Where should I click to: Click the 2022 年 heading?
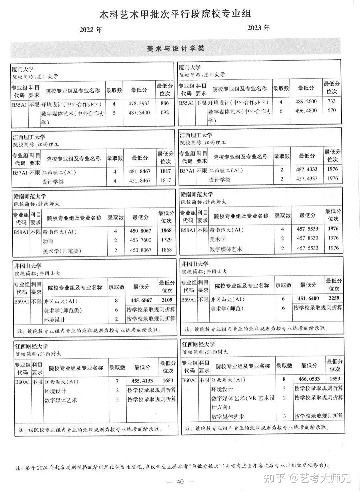90,30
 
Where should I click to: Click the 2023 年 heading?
258,28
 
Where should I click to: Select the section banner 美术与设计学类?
175,49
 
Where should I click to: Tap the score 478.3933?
139,104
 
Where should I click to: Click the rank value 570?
332,111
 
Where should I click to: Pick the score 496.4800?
306,111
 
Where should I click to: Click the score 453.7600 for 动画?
140,240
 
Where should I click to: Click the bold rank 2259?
334,298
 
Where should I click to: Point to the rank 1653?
168,381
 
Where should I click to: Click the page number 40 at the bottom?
180,482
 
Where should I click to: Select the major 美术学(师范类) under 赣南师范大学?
62,250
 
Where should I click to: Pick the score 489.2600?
306,102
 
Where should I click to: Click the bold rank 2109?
167,300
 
